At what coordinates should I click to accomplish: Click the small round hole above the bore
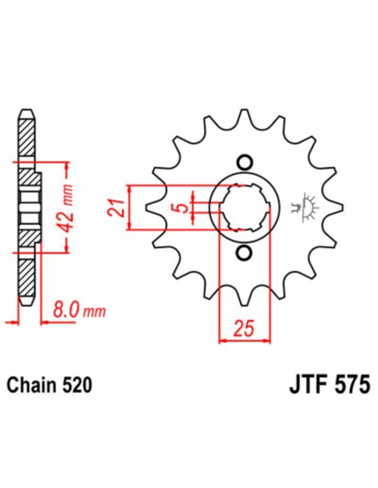(243, 160)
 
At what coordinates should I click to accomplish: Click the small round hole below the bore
(243, 253)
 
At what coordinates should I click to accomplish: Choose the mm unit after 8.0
(98, 312)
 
